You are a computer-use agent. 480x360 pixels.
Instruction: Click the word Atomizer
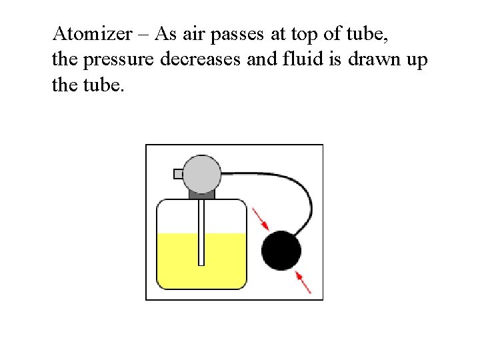91,33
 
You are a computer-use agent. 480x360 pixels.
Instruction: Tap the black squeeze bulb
281,251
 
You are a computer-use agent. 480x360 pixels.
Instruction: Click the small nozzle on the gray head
178,174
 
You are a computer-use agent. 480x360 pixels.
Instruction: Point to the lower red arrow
303,282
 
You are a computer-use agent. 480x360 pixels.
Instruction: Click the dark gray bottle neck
201,195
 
